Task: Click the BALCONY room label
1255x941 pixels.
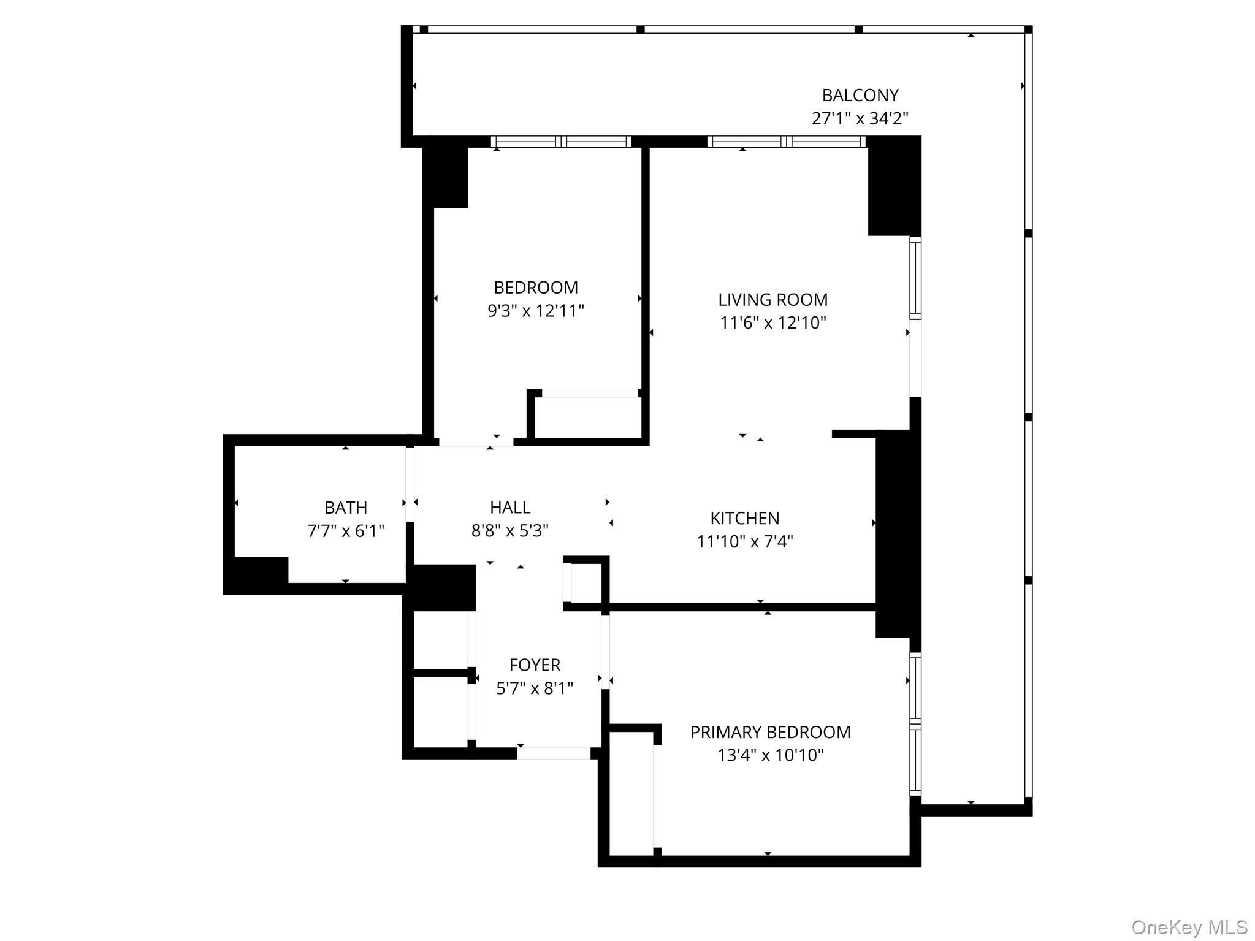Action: coord(860,96)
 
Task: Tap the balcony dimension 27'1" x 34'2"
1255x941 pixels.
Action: coord(860,118)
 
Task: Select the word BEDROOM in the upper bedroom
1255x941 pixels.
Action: coord(536,288)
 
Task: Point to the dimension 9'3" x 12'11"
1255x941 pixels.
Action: coord(536,311)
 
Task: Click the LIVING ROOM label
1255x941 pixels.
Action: coord(772,300)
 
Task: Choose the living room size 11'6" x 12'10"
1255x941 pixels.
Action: coord(772,322)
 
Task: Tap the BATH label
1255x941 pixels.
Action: coord(346,508)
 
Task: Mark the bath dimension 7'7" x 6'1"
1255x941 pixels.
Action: coord(346,531)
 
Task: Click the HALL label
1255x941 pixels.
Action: coord(510,508)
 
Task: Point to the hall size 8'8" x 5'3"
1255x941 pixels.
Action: coord(510,530)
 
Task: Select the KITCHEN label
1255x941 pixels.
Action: coord(745,519)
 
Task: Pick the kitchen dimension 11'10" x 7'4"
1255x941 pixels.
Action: coord(745,542)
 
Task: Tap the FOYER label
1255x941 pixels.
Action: coord(535,665)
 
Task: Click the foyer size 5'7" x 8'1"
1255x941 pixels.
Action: coord(535,688)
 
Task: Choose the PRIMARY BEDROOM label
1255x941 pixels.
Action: coord(770,732)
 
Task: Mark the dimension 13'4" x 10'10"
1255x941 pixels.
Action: coord(770,755)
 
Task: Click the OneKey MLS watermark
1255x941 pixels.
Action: coord(1189,927)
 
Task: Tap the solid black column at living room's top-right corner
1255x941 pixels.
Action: coord(894,186)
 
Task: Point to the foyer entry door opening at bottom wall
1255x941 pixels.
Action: coord(554,753)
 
